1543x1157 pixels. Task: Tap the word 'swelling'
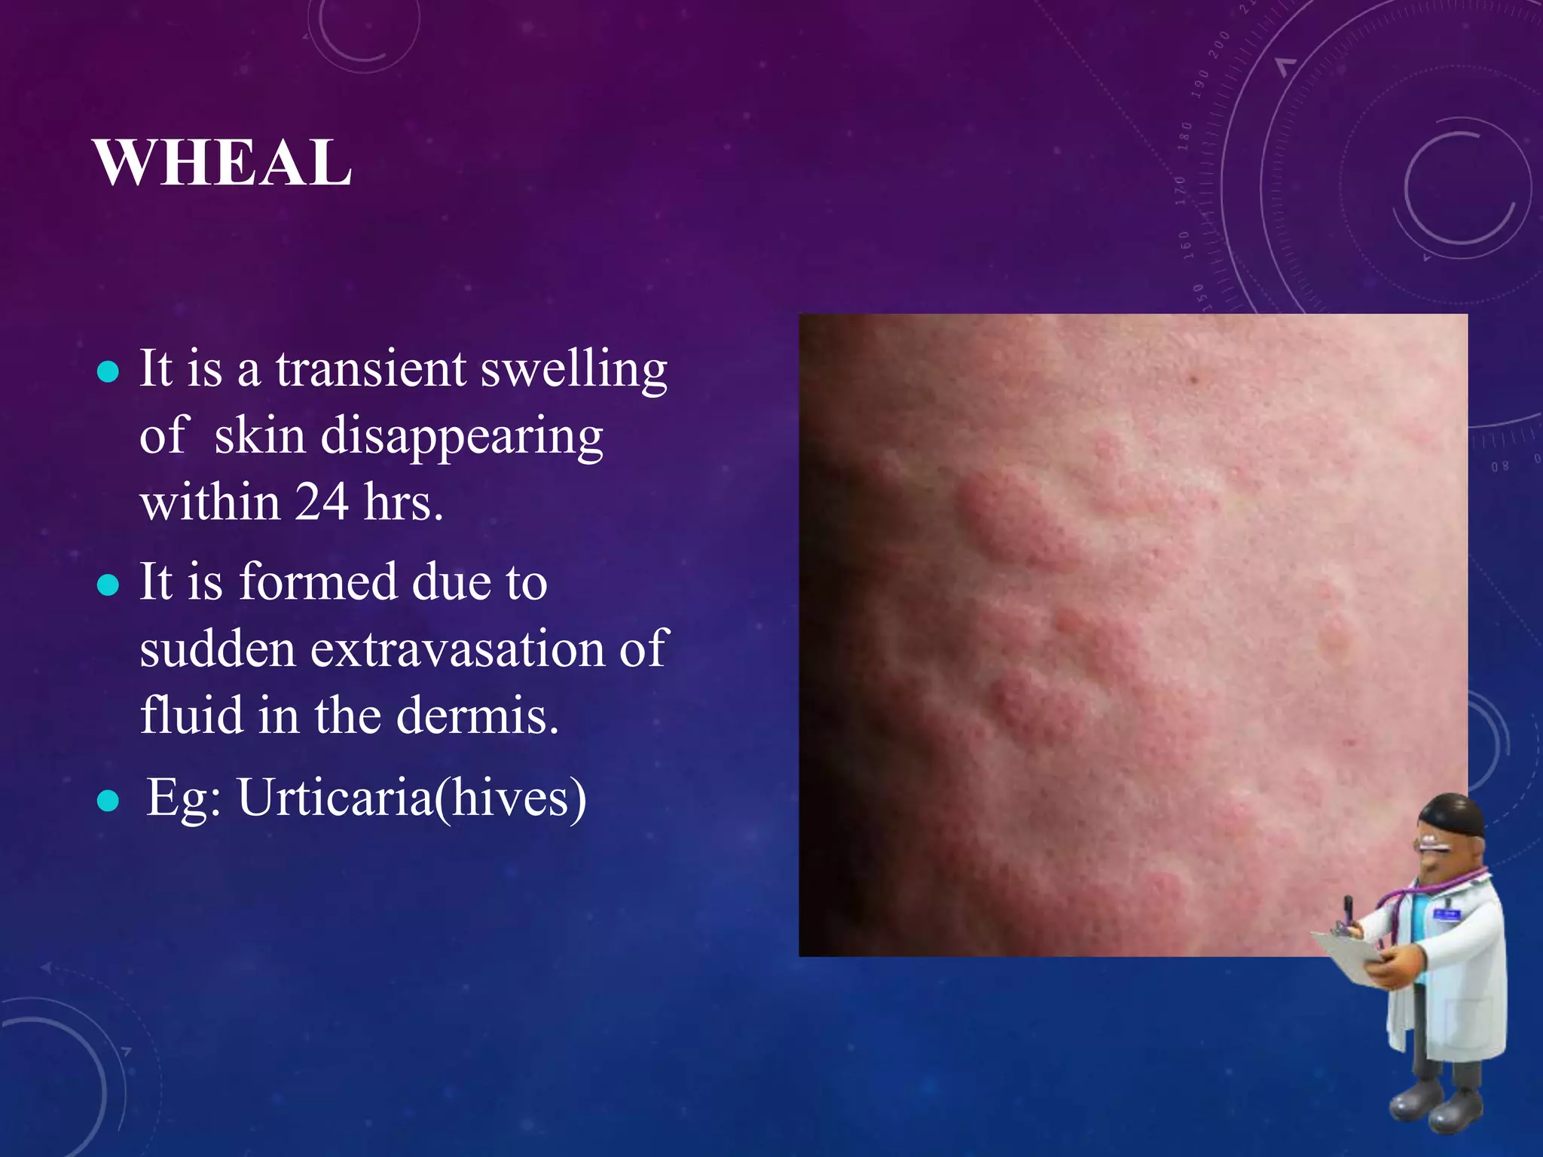point(574,371)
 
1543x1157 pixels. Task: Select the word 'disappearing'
point(461,438)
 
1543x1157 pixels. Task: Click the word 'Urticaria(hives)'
point(411,798)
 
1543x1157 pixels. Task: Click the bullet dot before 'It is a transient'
point(108,371)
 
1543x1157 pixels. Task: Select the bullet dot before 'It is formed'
point(108,585)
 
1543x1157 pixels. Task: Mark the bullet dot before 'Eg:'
point(108,801)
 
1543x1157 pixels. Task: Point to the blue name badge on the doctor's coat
point(1447,914)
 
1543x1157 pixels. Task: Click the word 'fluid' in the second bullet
point(191,715)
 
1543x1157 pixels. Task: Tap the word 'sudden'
point(217,649)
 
